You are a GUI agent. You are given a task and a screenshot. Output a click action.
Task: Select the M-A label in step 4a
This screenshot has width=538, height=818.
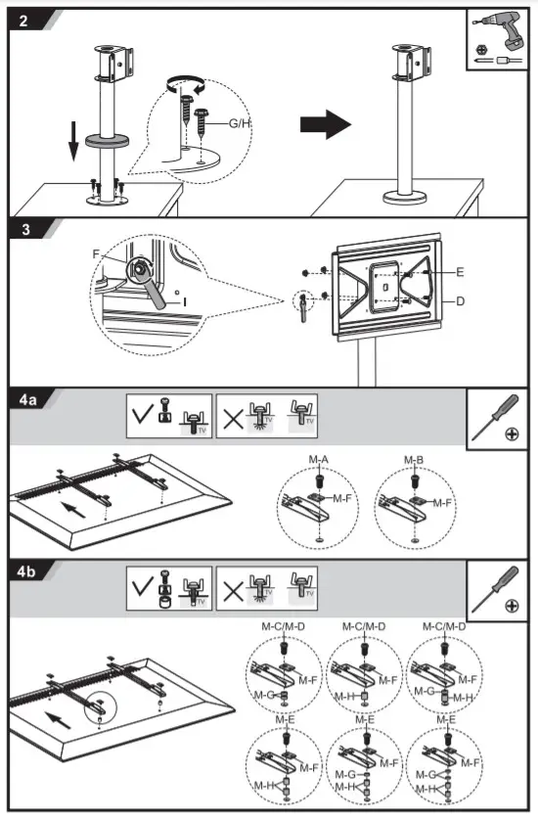tap(319, 461)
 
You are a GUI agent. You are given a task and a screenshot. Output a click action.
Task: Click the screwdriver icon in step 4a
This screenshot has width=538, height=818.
tap(497, 418)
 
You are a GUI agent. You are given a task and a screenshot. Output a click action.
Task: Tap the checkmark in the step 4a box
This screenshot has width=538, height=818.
tap(141, 415)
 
